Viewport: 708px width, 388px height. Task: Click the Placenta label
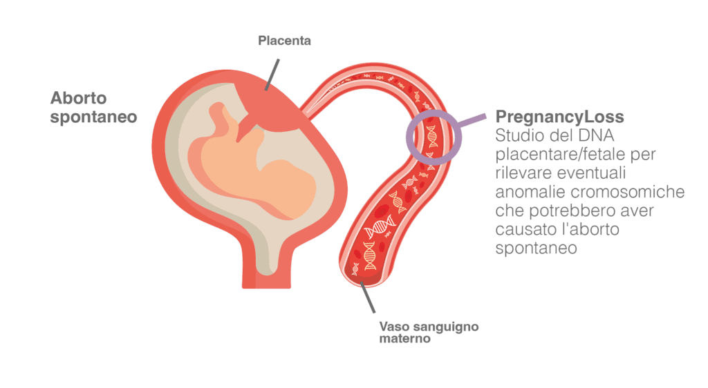pos(284,41)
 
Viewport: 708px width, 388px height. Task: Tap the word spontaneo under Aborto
pos(94,117)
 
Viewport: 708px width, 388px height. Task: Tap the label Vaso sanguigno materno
pos(429,332)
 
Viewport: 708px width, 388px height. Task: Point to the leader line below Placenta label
pos(272,72)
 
